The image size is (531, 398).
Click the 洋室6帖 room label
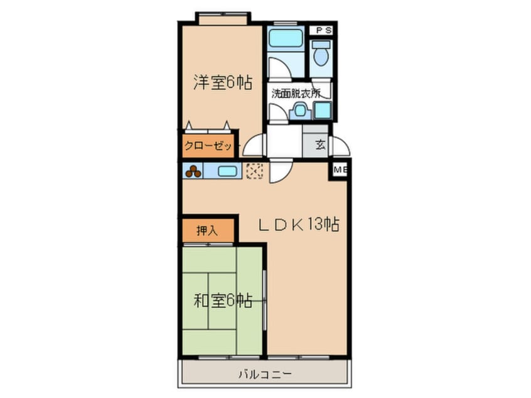223,82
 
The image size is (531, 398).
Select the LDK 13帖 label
299,224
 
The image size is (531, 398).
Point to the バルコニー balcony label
265,375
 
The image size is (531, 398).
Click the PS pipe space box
321,30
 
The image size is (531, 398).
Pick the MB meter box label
340,170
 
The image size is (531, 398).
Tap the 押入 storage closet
208,230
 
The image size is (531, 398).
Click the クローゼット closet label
208,146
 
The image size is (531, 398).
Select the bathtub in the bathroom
286,38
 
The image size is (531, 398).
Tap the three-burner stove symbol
193,171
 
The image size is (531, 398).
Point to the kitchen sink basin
227,171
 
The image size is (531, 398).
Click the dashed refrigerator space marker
255,171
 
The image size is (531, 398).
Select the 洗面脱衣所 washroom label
296,93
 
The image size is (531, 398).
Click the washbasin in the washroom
300,110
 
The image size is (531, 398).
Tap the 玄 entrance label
320,144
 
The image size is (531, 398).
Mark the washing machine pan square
322,110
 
